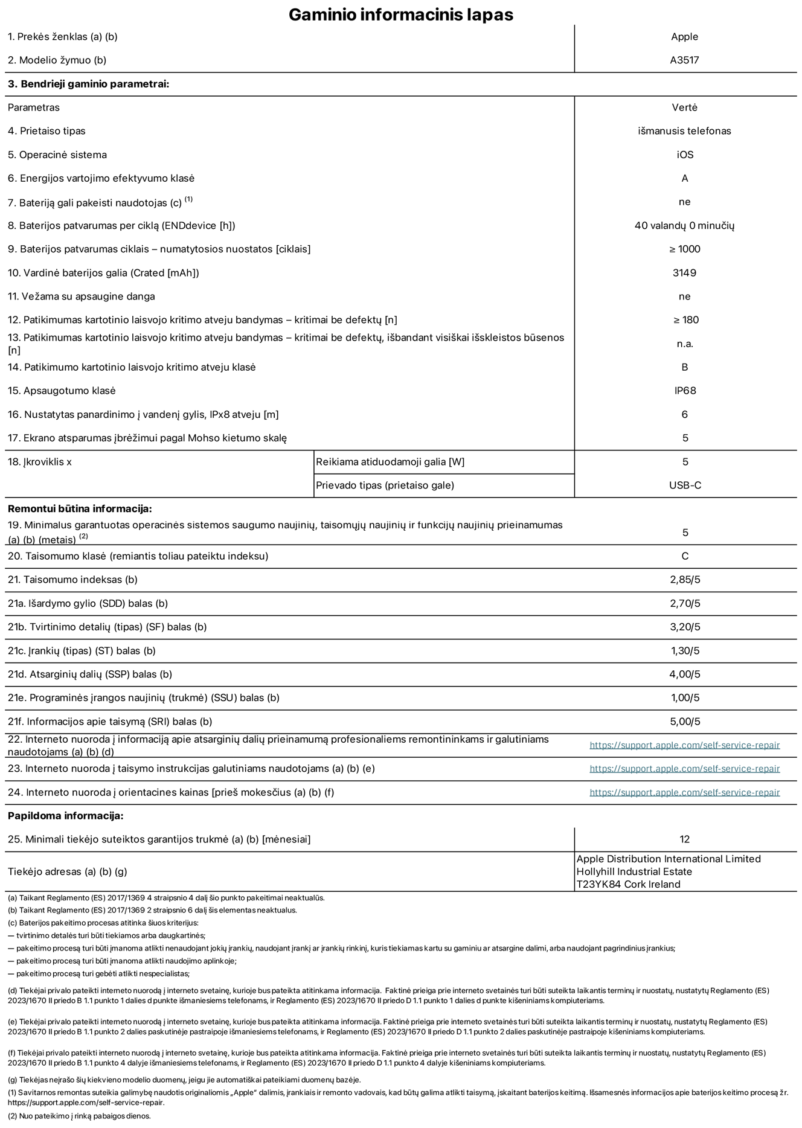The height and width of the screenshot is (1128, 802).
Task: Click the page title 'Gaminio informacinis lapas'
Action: pyautogui.click(x=400, y=14)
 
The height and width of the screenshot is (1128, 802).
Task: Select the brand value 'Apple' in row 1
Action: pyautogui.click(x=684, y=37)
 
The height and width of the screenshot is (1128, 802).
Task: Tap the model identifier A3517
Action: pyautogui.click(x=684, y=60)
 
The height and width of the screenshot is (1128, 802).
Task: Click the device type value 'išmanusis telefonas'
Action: pyautogui.click(x=684, y=131)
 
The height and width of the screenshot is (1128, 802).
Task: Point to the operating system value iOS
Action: pyautogui.click(x=685, y=155)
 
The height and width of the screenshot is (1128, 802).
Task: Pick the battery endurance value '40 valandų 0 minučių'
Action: pyautogui.click(x=684, y=225)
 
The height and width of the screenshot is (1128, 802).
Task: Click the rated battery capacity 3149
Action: pyautogui.click(x=684, y=273)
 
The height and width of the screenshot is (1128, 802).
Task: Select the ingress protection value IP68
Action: pyautogui.click(x=685, y=391)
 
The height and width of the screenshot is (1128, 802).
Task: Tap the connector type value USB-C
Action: pyautogui.click(x=685, y=485)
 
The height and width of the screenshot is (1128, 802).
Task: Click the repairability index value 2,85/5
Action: pyautogui.click(x=685, y=580)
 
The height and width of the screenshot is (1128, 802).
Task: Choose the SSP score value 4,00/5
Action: pyautogui.click(x=685, y=675)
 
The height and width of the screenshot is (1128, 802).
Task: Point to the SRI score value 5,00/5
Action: pyautogui.click(x=685, y=722)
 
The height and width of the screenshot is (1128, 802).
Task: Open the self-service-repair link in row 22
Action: pyautogui.click(x=684, y=745)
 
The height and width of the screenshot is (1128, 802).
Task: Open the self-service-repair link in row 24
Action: pyautogui.click(x=684, y=792)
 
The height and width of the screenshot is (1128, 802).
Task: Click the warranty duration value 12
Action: pyautogui.click(x=684, y=839)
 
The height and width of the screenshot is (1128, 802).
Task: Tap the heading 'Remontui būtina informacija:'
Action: pyautogui.click(x=80, y=509)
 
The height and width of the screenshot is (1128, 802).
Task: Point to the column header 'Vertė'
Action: pyautogui.click(x=684, y=107)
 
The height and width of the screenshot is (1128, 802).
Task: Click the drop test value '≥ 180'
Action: pyautogui.click(x=685, y=320)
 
